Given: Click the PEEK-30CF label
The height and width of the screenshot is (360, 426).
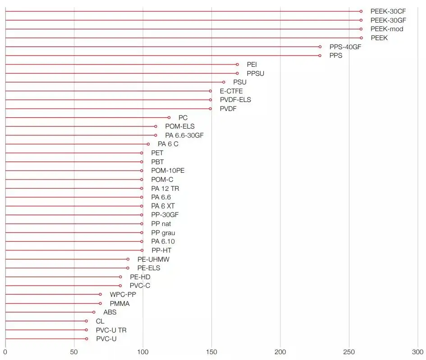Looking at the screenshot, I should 388,11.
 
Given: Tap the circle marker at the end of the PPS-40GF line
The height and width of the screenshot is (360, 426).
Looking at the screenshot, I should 320,46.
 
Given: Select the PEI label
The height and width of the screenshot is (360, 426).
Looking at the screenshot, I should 252,65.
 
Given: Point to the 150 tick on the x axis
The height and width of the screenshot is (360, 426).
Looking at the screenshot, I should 211,351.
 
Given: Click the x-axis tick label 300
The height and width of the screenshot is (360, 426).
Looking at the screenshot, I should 417,351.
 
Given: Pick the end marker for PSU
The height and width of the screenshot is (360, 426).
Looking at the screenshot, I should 224,82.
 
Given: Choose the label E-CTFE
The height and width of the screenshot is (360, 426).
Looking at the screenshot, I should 231,91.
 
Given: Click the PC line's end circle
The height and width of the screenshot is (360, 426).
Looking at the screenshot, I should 169,117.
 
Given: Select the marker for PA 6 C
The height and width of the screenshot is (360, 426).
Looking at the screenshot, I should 148,144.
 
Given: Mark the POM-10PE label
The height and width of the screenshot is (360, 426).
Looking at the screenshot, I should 168,171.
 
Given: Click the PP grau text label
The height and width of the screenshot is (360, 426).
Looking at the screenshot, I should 163,233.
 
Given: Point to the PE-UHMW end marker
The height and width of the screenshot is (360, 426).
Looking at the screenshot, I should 128,259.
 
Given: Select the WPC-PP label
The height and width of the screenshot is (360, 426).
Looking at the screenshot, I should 123,295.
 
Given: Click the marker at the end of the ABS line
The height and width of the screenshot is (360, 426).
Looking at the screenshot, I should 94,312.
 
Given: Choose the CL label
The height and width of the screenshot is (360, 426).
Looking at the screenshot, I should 100,321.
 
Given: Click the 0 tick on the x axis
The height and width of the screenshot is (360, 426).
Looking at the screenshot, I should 5,351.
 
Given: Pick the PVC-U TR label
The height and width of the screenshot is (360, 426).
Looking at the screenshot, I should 111,330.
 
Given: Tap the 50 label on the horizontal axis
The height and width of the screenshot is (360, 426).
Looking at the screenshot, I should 74,351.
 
